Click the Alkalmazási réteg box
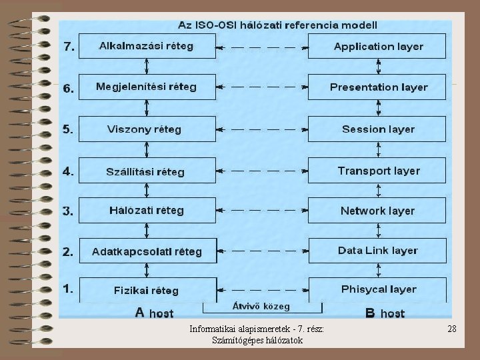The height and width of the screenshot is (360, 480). click(x=147, y=47)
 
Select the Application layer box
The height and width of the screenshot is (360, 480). click(x=378, y=47)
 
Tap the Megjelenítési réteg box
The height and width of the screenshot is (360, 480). click(x=147, y=87)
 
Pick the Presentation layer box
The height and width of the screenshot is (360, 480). click(x=378, y=87)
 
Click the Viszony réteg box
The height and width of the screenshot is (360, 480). click(x=147, y=129)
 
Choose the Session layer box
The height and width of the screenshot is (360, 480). click(x=378, y=129)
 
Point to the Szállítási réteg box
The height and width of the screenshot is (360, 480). click(x=147, y=171)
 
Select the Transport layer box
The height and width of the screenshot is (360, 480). click(x=378, y=171)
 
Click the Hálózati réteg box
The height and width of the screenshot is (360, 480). click(x=147, y=211)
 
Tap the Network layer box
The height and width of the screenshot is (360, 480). click(x=378, y=211)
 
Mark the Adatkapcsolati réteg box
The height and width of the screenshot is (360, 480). click(x=147, y=251)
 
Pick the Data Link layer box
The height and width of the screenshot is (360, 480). click(x=378, y=251)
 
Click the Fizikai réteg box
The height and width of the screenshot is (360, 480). click(x=147, y=290)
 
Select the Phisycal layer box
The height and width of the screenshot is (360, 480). click(x=378, y=289)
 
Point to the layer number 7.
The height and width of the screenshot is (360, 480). click(x=69, y=47)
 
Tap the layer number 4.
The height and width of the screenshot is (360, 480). click(x=69, y=171)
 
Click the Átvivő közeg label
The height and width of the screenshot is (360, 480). click(x=261, y=307)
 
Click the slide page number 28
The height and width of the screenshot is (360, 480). click(x=451, y=329)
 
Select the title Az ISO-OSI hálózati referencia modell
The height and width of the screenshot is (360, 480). click(x=277, y=25)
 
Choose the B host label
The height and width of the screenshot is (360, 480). click(x=385, y=312)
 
